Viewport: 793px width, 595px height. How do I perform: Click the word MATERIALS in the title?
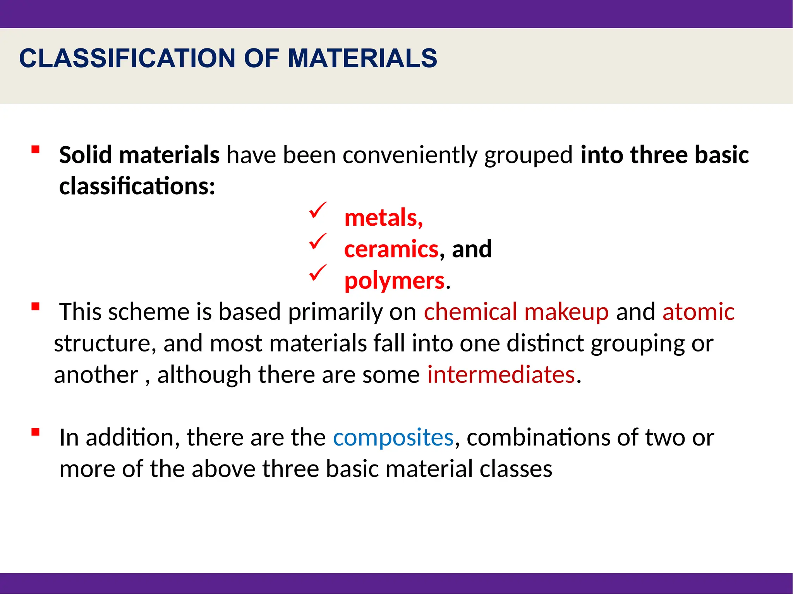362,58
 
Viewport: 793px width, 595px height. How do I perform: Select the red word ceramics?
391,249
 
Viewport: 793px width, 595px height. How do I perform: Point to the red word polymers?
394,280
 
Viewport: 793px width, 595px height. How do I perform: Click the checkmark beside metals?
318,210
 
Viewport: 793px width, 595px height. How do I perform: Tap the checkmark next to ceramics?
318,242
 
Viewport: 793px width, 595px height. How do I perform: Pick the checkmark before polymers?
318,273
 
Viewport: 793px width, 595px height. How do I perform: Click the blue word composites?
393,438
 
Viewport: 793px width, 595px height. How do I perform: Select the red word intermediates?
501,375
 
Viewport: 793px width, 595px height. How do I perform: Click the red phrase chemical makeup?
516,312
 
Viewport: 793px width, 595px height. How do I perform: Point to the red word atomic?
698,312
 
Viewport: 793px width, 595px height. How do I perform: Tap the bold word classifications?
137,186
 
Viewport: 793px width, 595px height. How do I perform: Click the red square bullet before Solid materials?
36,149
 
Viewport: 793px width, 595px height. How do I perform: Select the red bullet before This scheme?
36,307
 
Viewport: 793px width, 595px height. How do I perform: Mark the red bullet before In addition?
36,432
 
